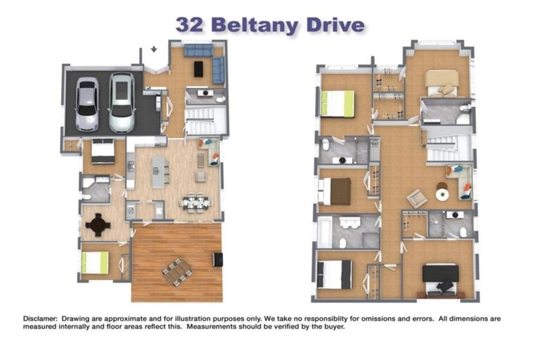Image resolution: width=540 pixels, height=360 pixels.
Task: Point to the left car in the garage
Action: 87,105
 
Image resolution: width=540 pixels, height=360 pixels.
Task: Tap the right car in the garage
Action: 122,103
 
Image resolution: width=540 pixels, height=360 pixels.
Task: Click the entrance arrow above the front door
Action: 154,50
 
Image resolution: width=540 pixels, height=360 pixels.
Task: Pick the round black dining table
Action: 98,224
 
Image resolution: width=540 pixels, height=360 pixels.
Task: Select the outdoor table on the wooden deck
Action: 176,271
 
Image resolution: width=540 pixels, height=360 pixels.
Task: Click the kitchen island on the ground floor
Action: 160,172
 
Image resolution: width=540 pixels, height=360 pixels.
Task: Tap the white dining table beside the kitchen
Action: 195,203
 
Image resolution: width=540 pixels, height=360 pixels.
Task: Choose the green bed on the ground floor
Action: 95,263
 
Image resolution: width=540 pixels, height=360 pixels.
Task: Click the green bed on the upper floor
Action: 337,103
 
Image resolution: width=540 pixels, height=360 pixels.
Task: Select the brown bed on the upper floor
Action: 335,191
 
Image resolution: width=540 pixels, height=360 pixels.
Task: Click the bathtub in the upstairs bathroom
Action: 325,231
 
